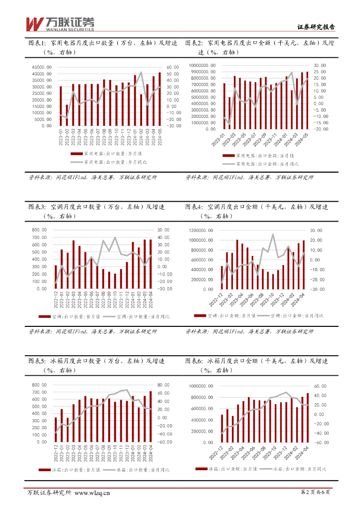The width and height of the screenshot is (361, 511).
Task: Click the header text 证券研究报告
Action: pyautogui.click(x=316, y=27)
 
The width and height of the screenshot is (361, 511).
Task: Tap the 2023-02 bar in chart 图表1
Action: pyautogui.click(x=67, y=115)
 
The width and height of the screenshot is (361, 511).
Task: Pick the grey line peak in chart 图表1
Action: pyautogui.click(x=141, y=72)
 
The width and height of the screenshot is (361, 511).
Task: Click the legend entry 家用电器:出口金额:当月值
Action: pyautogui.click(x=260, y=156)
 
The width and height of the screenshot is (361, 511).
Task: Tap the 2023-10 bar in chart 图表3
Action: pyautogui.click(x=115, y=281)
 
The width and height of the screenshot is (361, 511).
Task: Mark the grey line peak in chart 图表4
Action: pyautogui.click(x=273, y=234)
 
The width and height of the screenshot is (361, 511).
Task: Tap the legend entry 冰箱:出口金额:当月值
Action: pyautogui.click(x=228, y=469)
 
